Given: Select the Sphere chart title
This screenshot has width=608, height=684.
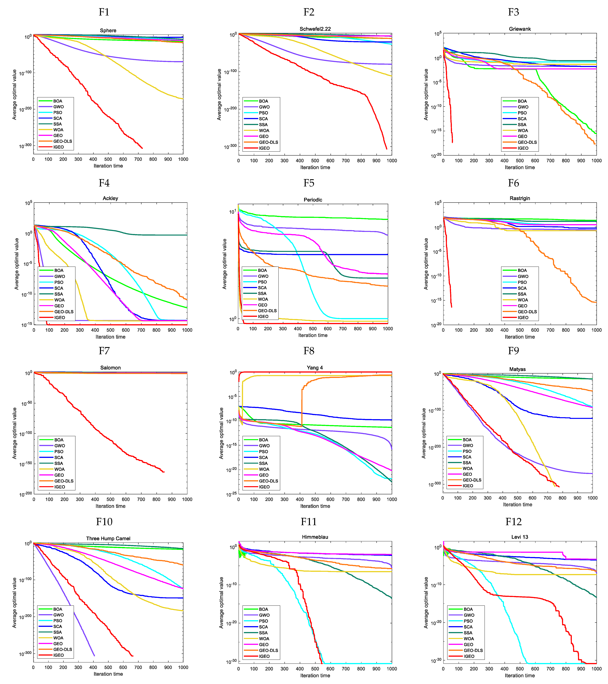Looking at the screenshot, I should pyautogui.click(x=108, y=30).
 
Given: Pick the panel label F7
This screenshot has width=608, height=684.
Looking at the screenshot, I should pyautogui.click(x=104, y=351).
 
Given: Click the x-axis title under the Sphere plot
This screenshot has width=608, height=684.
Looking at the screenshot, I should pyautogui.click(x=108, y=166).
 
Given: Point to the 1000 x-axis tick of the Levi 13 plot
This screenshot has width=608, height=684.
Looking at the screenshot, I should pyautogui.click(x=596, y=669).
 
